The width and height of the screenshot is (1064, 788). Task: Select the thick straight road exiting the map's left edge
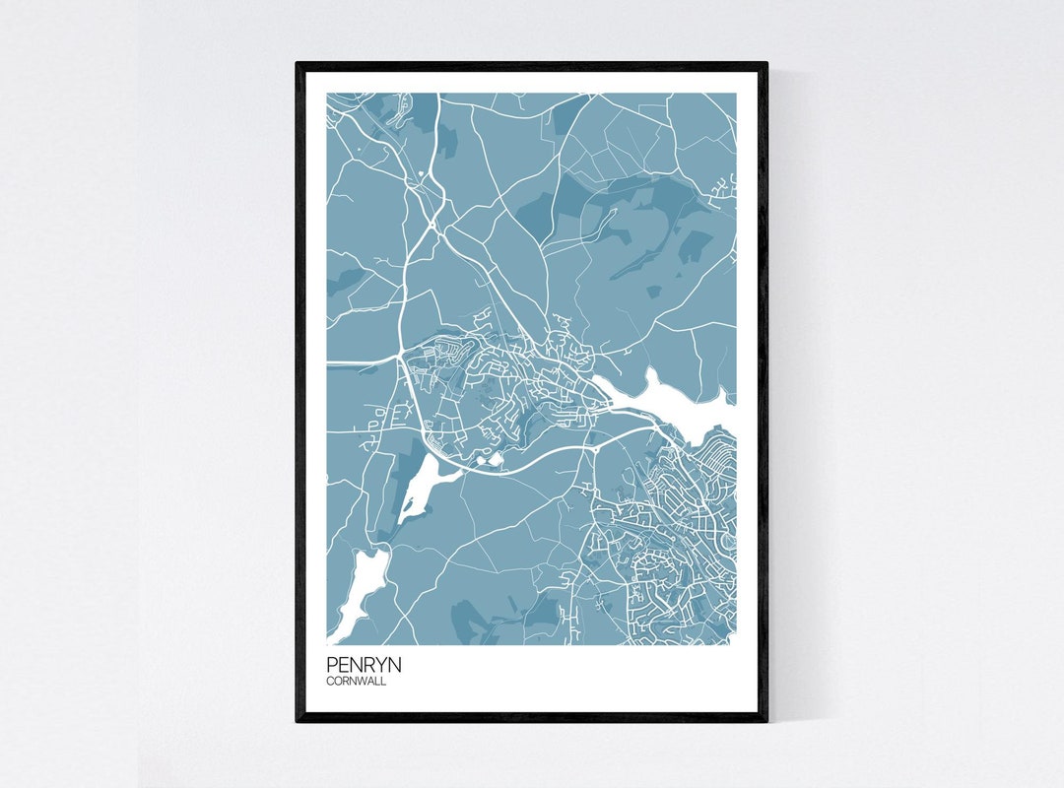(355, 362)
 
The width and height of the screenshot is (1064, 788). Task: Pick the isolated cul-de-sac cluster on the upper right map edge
(727, 186)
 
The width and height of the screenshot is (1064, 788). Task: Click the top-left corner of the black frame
(298, 64)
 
